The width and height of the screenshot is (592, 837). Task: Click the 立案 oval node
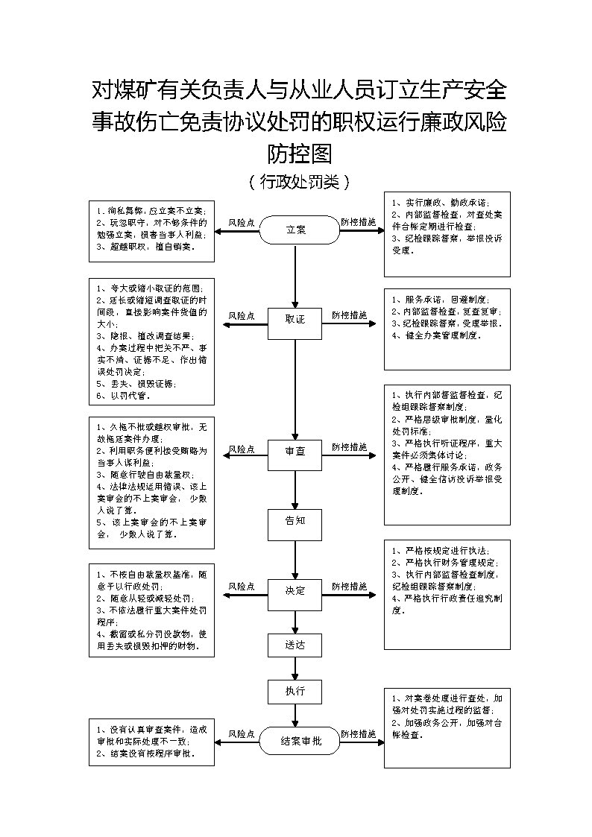(x=296, y=230)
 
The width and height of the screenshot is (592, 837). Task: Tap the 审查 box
(x=295, y=452)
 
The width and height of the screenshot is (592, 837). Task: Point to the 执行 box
(x=295, y=692)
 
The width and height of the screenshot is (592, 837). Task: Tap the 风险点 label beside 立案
(x=241, y=222)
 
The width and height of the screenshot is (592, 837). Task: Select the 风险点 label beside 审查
(x=241, y=449)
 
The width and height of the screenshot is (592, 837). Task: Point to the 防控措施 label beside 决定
(x=350, y=587)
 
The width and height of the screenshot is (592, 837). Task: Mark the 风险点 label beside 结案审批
(x=241, y=734)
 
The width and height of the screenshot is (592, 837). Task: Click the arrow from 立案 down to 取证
(x=295, y=276)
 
